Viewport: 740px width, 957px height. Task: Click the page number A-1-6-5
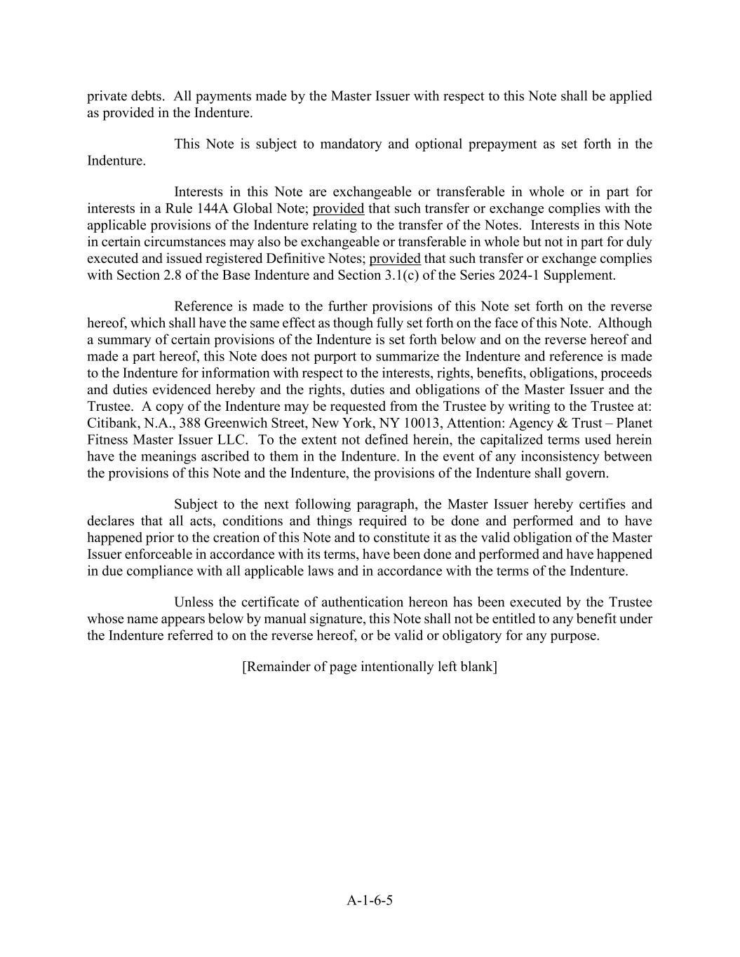tap(370, 900)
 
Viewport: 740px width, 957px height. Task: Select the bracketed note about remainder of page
tap(370, 666)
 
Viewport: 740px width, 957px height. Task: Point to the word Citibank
tap(112, 423)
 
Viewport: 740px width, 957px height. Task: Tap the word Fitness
tap(109, 440)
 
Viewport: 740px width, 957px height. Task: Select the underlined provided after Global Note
tap(338, 208)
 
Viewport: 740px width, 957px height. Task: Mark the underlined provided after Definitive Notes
tap(395, 258)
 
